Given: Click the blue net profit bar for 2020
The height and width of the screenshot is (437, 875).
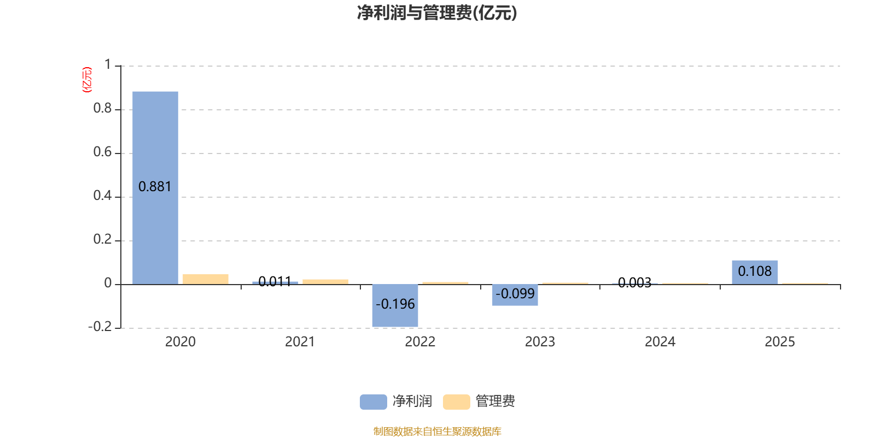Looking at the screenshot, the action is point(155,188).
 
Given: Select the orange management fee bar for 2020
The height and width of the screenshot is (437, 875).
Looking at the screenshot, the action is point(206,279).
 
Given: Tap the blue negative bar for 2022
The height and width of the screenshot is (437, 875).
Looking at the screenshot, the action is point(395,306).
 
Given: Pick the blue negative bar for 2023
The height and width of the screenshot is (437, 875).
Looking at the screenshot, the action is point(515,295).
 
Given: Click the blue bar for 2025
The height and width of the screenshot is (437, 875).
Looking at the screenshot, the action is point(755,273).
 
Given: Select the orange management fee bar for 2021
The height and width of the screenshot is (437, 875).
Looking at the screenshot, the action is point(325,282).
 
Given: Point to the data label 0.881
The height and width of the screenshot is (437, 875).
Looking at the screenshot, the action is point(155,187).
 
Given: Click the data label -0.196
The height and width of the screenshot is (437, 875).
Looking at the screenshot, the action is point(395,304).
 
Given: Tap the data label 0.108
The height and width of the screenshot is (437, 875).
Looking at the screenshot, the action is point(755,271).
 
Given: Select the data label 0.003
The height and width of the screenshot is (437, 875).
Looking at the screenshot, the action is point(635,283).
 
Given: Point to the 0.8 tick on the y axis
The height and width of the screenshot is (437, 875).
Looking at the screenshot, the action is point(102,109).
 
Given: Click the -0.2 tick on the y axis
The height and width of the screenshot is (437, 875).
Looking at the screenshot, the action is point(100,327).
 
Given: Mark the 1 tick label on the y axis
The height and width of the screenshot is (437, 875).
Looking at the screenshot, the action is point(108,65).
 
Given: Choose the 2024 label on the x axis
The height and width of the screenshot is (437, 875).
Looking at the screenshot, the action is point(660,342).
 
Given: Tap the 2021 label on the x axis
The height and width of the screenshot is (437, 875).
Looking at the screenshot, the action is point(300,342).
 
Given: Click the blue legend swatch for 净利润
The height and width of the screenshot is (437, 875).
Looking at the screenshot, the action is point(374,402).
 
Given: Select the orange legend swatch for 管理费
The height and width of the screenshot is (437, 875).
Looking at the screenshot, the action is point(457,402).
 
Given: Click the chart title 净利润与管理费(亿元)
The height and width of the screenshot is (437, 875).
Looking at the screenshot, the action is point(437,13).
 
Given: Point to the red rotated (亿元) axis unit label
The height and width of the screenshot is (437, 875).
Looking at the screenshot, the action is point(87,80).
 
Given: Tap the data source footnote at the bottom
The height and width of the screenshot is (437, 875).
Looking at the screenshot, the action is point(437,432).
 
